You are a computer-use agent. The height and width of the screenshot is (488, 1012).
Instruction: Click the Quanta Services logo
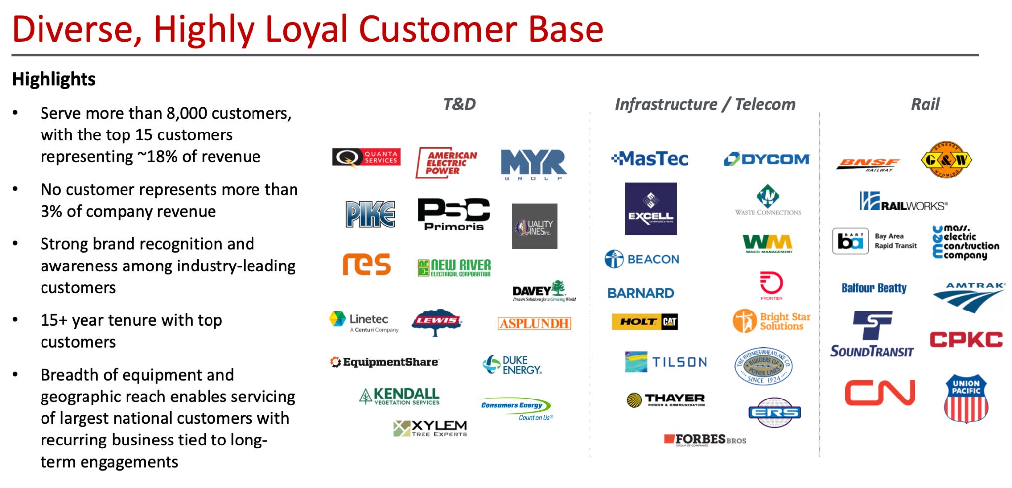coord(366,158)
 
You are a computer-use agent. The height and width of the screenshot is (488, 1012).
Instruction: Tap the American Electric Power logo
coord(446,163)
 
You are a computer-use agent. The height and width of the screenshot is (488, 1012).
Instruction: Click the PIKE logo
coord(370,214)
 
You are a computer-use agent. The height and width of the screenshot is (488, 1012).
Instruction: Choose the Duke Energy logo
coord(512,365)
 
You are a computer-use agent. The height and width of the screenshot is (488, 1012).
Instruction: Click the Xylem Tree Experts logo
coord(430,428)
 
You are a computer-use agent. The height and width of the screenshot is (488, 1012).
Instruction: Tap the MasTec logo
coord(650,159)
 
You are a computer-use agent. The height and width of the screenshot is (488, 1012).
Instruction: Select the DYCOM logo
coord(767,159)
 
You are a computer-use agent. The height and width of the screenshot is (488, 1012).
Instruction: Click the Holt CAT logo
coord(645,322)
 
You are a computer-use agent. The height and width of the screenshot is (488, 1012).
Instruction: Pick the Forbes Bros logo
coord(705,439)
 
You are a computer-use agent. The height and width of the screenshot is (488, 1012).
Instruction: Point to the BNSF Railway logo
coord(868,164)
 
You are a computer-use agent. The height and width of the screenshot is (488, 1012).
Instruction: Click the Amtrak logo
coord(969,297)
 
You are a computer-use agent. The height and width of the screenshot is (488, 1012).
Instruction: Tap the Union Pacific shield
coord(966,399)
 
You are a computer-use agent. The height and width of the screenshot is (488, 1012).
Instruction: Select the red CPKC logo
coord(966,340)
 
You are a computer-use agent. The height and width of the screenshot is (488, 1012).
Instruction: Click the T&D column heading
coord(460,104)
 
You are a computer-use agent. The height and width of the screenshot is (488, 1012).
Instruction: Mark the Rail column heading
coord(925,104)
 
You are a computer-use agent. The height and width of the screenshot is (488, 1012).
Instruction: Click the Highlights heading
coord(54,79)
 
